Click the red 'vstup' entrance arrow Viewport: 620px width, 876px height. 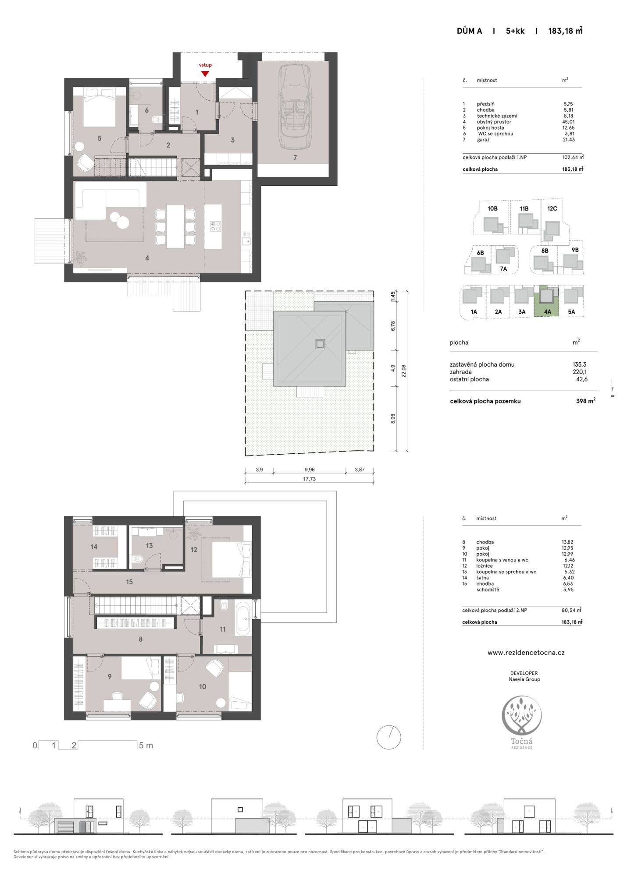point(205,74)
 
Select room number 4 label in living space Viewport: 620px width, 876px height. point(147,258)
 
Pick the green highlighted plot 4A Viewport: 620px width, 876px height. point(546,301)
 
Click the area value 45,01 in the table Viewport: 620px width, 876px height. point(568,122)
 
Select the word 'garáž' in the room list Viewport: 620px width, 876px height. point(483,140)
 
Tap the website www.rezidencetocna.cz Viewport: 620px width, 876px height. point(526,653)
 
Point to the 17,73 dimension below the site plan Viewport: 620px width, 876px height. point(309,479)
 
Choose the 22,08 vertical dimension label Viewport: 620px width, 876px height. point(403,371)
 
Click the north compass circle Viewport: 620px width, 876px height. point(388,737)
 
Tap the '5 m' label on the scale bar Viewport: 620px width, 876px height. point(146,745)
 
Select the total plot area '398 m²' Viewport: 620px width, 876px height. point(585,401)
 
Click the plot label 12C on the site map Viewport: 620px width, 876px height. point(552,208)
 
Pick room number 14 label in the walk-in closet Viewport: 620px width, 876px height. point(94,547)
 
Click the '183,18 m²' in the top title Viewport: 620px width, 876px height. point(565,31)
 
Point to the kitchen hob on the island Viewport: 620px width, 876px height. point(215,226)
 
